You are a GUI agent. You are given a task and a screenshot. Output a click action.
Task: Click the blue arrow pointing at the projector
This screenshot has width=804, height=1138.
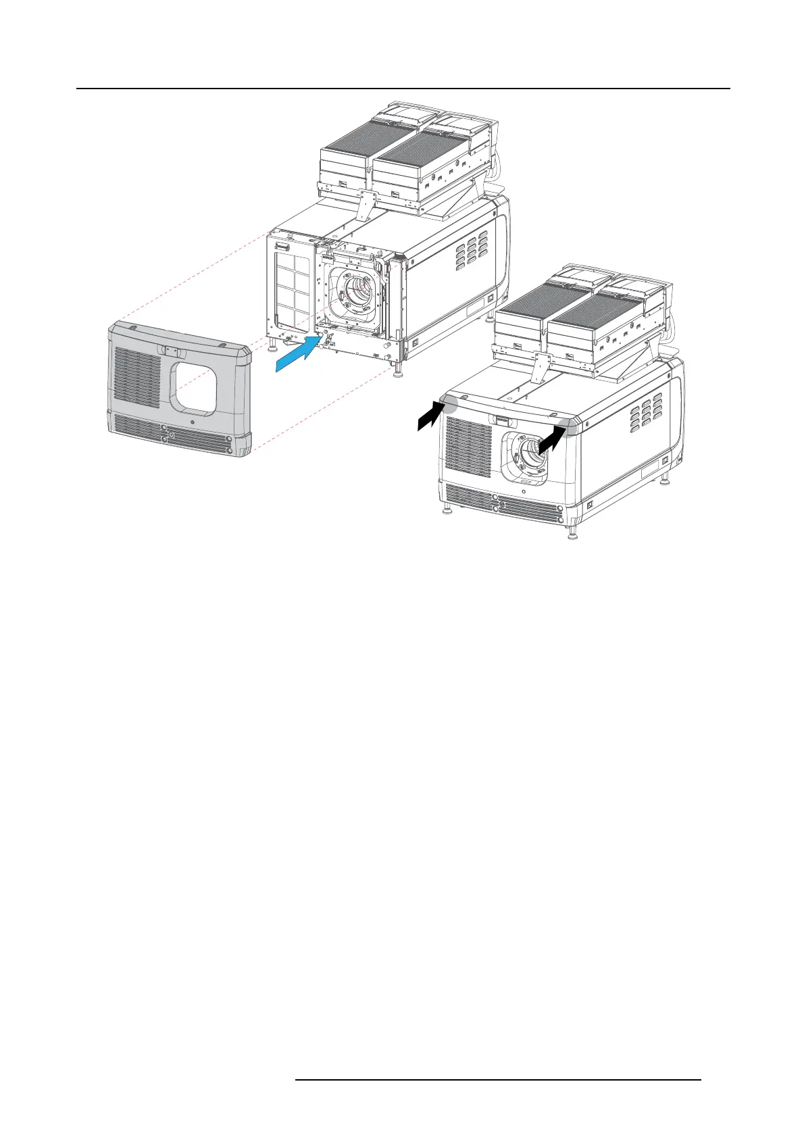297,354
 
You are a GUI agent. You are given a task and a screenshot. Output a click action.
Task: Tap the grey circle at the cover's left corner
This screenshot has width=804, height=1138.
450,403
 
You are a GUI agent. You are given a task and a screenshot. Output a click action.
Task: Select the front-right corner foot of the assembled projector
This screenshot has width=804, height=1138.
574,535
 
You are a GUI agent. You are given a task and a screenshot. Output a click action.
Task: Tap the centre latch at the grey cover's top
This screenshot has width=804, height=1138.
169,352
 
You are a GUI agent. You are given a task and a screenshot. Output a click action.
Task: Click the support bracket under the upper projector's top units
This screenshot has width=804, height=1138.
368,205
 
